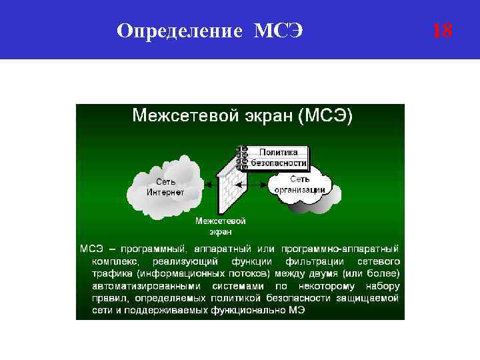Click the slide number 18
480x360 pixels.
(x=442, y=30)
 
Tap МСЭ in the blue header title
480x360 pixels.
(x=279, y=30)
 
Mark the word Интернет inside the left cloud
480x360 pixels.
(x=165, y=192)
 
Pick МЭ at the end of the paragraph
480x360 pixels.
(x=297, y=311)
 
